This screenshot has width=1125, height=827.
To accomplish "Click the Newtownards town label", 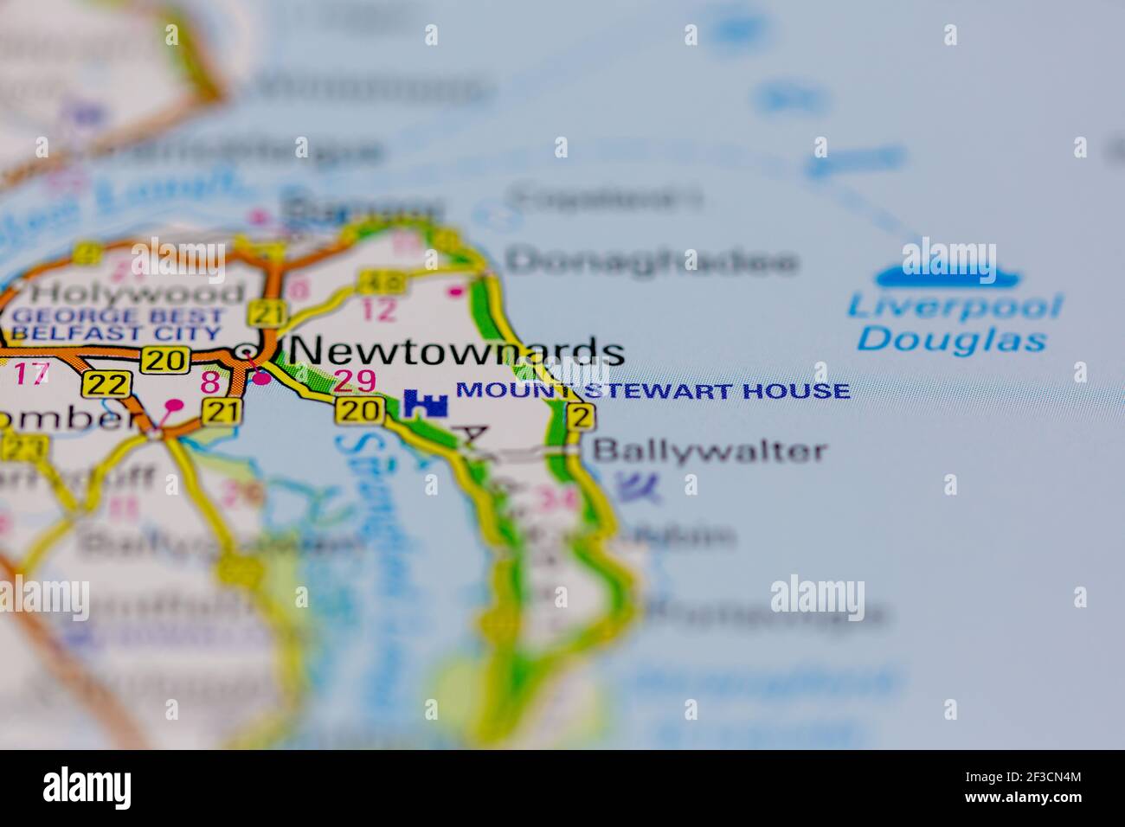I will (455, 350).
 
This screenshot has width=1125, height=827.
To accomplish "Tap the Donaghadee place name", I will (651, 260).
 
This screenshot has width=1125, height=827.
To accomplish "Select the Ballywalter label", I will (709, 451).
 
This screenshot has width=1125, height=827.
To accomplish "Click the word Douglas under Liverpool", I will (951, 338).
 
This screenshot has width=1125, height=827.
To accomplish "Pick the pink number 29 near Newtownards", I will (355, 381).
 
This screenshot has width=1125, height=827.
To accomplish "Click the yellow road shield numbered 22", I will (107, 385).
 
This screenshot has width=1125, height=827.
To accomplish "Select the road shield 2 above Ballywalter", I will (581, 417).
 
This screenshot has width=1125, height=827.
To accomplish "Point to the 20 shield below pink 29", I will (356, 411).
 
